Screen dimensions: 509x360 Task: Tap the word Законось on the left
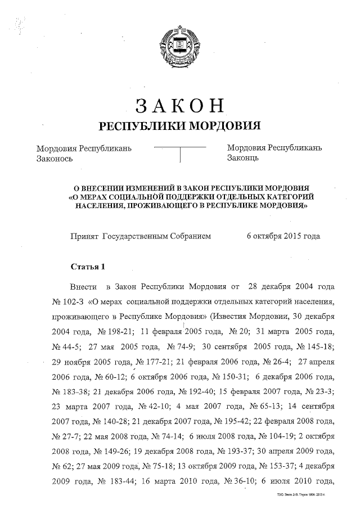55,159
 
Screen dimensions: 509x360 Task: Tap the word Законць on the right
243,159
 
